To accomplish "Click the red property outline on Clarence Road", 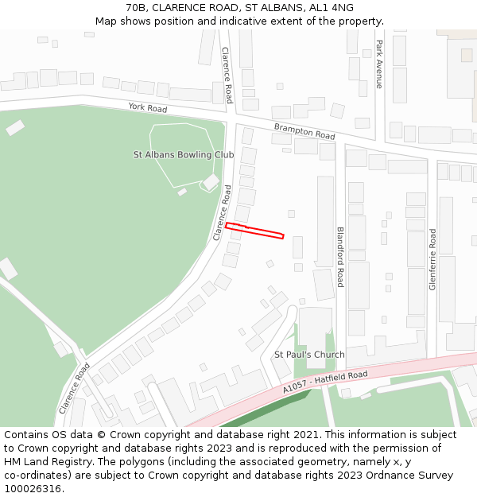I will tap(254, 231).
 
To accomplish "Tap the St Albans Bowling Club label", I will tap(183, 155).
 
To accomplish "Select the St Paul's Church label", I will tap(309, 355).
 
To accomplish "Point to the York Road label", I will tap(148, 107).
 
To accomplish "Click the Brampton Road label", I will tap(304, 131).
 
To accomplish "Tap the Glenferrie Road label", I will tap(432, 259).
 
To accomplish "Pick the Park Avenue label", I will tap(379, 64).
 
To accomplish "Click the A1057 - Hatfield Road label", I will tap(324, 381).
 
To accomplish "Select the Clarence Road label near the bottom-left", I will tap(73, 388).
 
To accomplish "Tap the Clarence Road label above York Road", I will tap(227, 75).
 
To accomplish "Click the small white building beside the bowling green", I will tap(211, 182).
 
